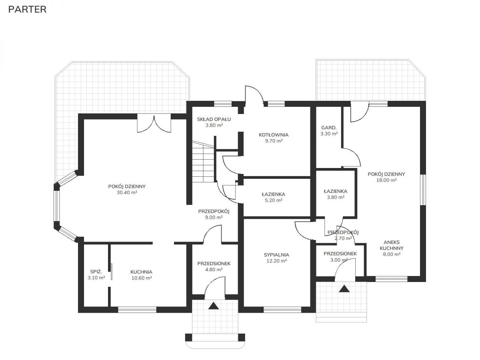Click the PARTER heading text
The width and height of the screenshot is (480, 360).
(27, 10)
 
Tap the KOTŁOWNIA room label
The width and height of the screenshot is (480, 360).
(274, 135)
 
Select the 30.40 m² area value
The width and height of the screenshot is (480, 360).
(127, 192)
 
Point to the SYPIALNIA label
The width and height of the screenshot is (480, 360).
(276, 255)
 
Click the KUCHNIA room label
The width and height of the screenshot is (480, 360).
(142, 272)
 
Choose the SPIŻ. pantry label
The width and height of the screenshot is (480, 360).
(96, 272)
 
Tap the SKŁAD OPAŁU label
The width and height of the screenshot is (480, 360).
(214, 119)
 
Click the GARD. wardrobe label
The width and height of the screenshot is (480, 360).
(329, 128)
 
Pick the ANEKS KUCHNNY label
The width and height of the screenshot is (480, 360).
(392, 245)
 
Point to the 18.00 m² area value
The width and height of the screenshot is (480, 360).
(386, 180)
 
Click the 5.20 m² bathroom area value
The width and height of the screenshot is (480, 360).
(274, 200)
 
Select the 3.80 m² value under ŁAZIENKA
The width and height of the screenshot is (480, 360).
(336, 197)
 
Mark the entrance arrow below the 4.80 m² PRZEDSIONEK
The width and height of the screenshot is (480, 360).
(214, 306)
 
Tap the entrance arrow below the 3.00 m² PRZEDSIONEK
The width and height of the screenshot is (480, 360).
(344, 289)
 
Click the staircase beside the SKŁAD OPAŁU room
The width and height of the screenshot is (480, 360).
(203, 162)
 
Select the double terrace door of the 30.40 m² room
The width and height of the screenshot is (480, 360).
(154, 124)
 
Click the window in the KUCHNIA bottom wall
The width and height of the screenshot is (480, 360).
(137, 310)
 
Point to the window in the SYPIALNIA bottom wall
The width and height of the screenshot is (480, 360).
(282, 310)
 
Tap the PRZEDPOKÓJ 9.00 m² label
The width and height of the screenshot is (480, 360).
(214, 214)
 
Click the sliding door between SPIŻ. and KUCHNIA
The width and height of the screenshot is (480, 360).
(112, 272)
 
